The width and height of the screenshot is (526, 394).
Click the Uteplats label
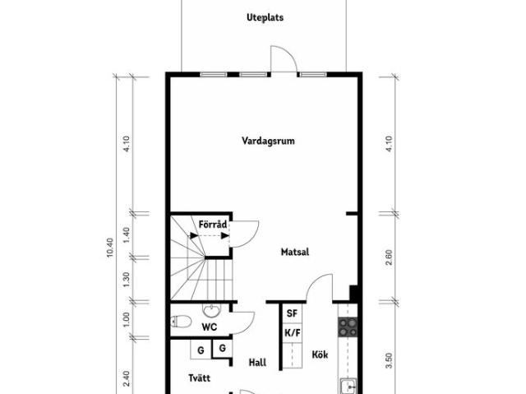click(265, 17)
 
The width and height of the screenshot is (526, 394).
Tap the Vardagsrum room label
click(269, 141)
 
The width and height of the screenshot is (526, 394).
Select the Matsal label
click(295, 252)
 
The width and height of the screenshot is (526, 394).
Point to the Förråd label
click(213, 225)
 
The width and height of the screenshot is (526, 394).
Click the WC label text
click(209, 327)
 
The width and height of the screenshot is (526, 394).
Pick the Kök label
click(320, 355)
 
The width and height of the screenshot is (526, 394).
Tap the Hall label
click(257, 363)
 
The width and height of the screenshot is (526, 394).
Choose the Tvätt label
click(199, 378)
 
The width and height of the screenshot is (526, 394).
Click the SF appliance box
click(293, 313)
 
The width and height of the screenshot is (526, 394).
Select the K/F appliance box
click(293, 332)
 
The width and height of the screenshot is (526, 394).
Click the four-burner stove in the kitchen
click(348, 327)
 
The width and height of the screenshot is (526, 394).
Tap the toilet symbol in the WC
click(181, 322)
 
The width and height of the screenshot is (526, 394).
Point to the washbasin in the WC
click(211, 311)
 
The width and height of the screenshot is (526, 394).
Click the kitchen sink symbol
click(348, 386)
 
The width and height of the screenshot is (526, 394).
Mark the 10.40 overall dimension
click(110, 248)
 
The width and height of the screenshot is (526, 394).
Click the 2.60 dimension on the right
click(389, 257)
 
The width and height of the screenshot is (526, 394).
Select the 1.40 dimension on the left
click(126, 235)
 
